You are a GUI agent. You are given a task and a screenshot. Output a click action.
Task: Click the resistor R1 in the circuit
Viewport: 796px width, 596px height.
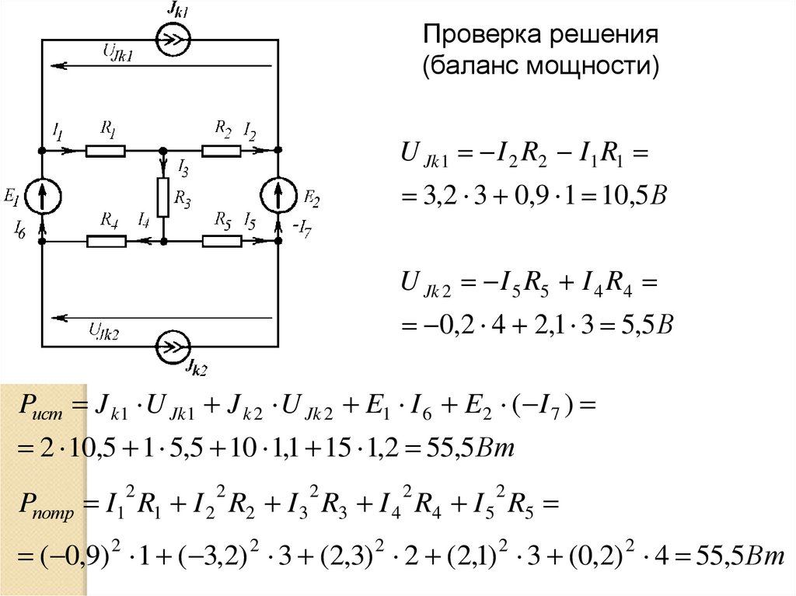105,150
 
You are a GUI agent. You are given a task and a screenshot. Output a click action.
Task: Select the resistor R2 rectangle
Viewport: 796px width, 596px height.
222,150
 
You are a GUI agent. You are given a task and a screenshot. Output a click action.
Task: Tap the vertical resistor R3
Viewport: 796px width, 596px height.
163,197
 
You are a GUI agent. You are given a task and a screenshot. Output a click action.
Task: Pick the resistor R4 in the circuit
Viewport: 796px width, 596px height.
106,242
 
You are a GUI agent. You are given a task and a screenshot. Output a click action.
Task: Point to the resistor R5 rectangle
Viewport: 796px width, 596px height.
222,242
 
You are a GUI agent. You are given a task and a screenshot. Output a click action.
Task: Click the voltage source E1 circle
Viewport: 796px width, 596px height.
41,196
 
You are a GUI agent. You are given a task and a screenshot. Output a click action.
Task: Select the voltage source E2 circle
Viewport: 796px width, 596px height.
279,196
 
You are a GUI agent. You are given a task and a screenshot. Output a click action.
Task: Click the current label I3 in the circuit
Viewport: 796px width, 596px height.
182,165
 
